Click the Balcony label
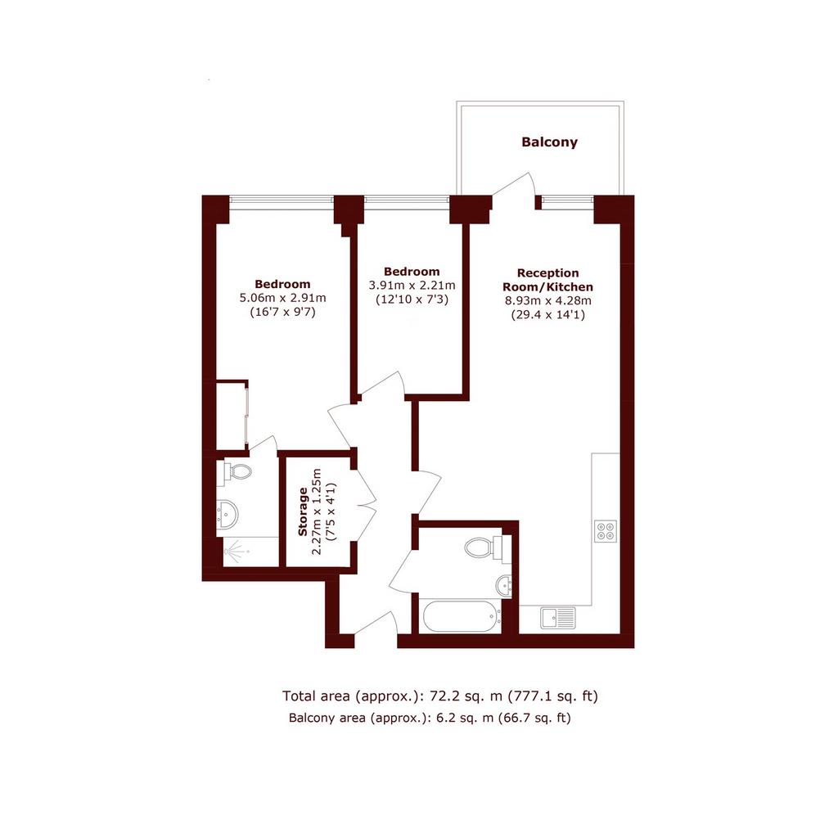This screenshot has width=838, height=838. coord(549,142)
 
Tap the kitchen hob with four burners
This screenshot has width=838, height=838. coord(606,530)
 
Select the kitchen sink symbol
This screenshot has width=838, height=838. coord(558,617)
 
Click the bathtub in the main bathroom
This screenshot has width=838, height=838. coord(462,616)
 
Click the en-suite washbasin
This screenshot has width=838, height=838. coord(228,515)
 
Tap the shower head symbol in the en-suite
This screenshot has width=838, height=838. coord(236,551)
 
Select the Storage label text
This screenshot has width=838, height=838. coord(303,511)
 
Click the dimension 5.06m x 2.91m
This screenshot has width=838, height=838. coord(282,298)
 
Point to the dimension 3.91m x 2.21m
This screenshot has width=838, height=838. coord(412,286)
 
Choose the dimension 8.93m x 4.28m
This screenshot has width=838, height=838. coord(548,300)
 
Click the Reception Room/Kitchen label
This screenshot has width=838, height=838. coord(548,280)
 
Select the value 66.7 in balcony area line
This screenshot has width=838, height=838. coord(511,718)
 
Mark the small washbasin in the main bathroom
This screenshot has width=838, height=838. coord(504,586)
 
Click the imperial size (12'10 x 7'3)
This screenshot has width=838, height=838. coord(412,300)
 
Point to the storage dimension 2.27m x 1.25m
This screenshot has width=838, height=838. coord(317,511)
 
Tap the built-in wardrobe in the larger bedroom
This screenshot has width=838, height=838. coord(232,415)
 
